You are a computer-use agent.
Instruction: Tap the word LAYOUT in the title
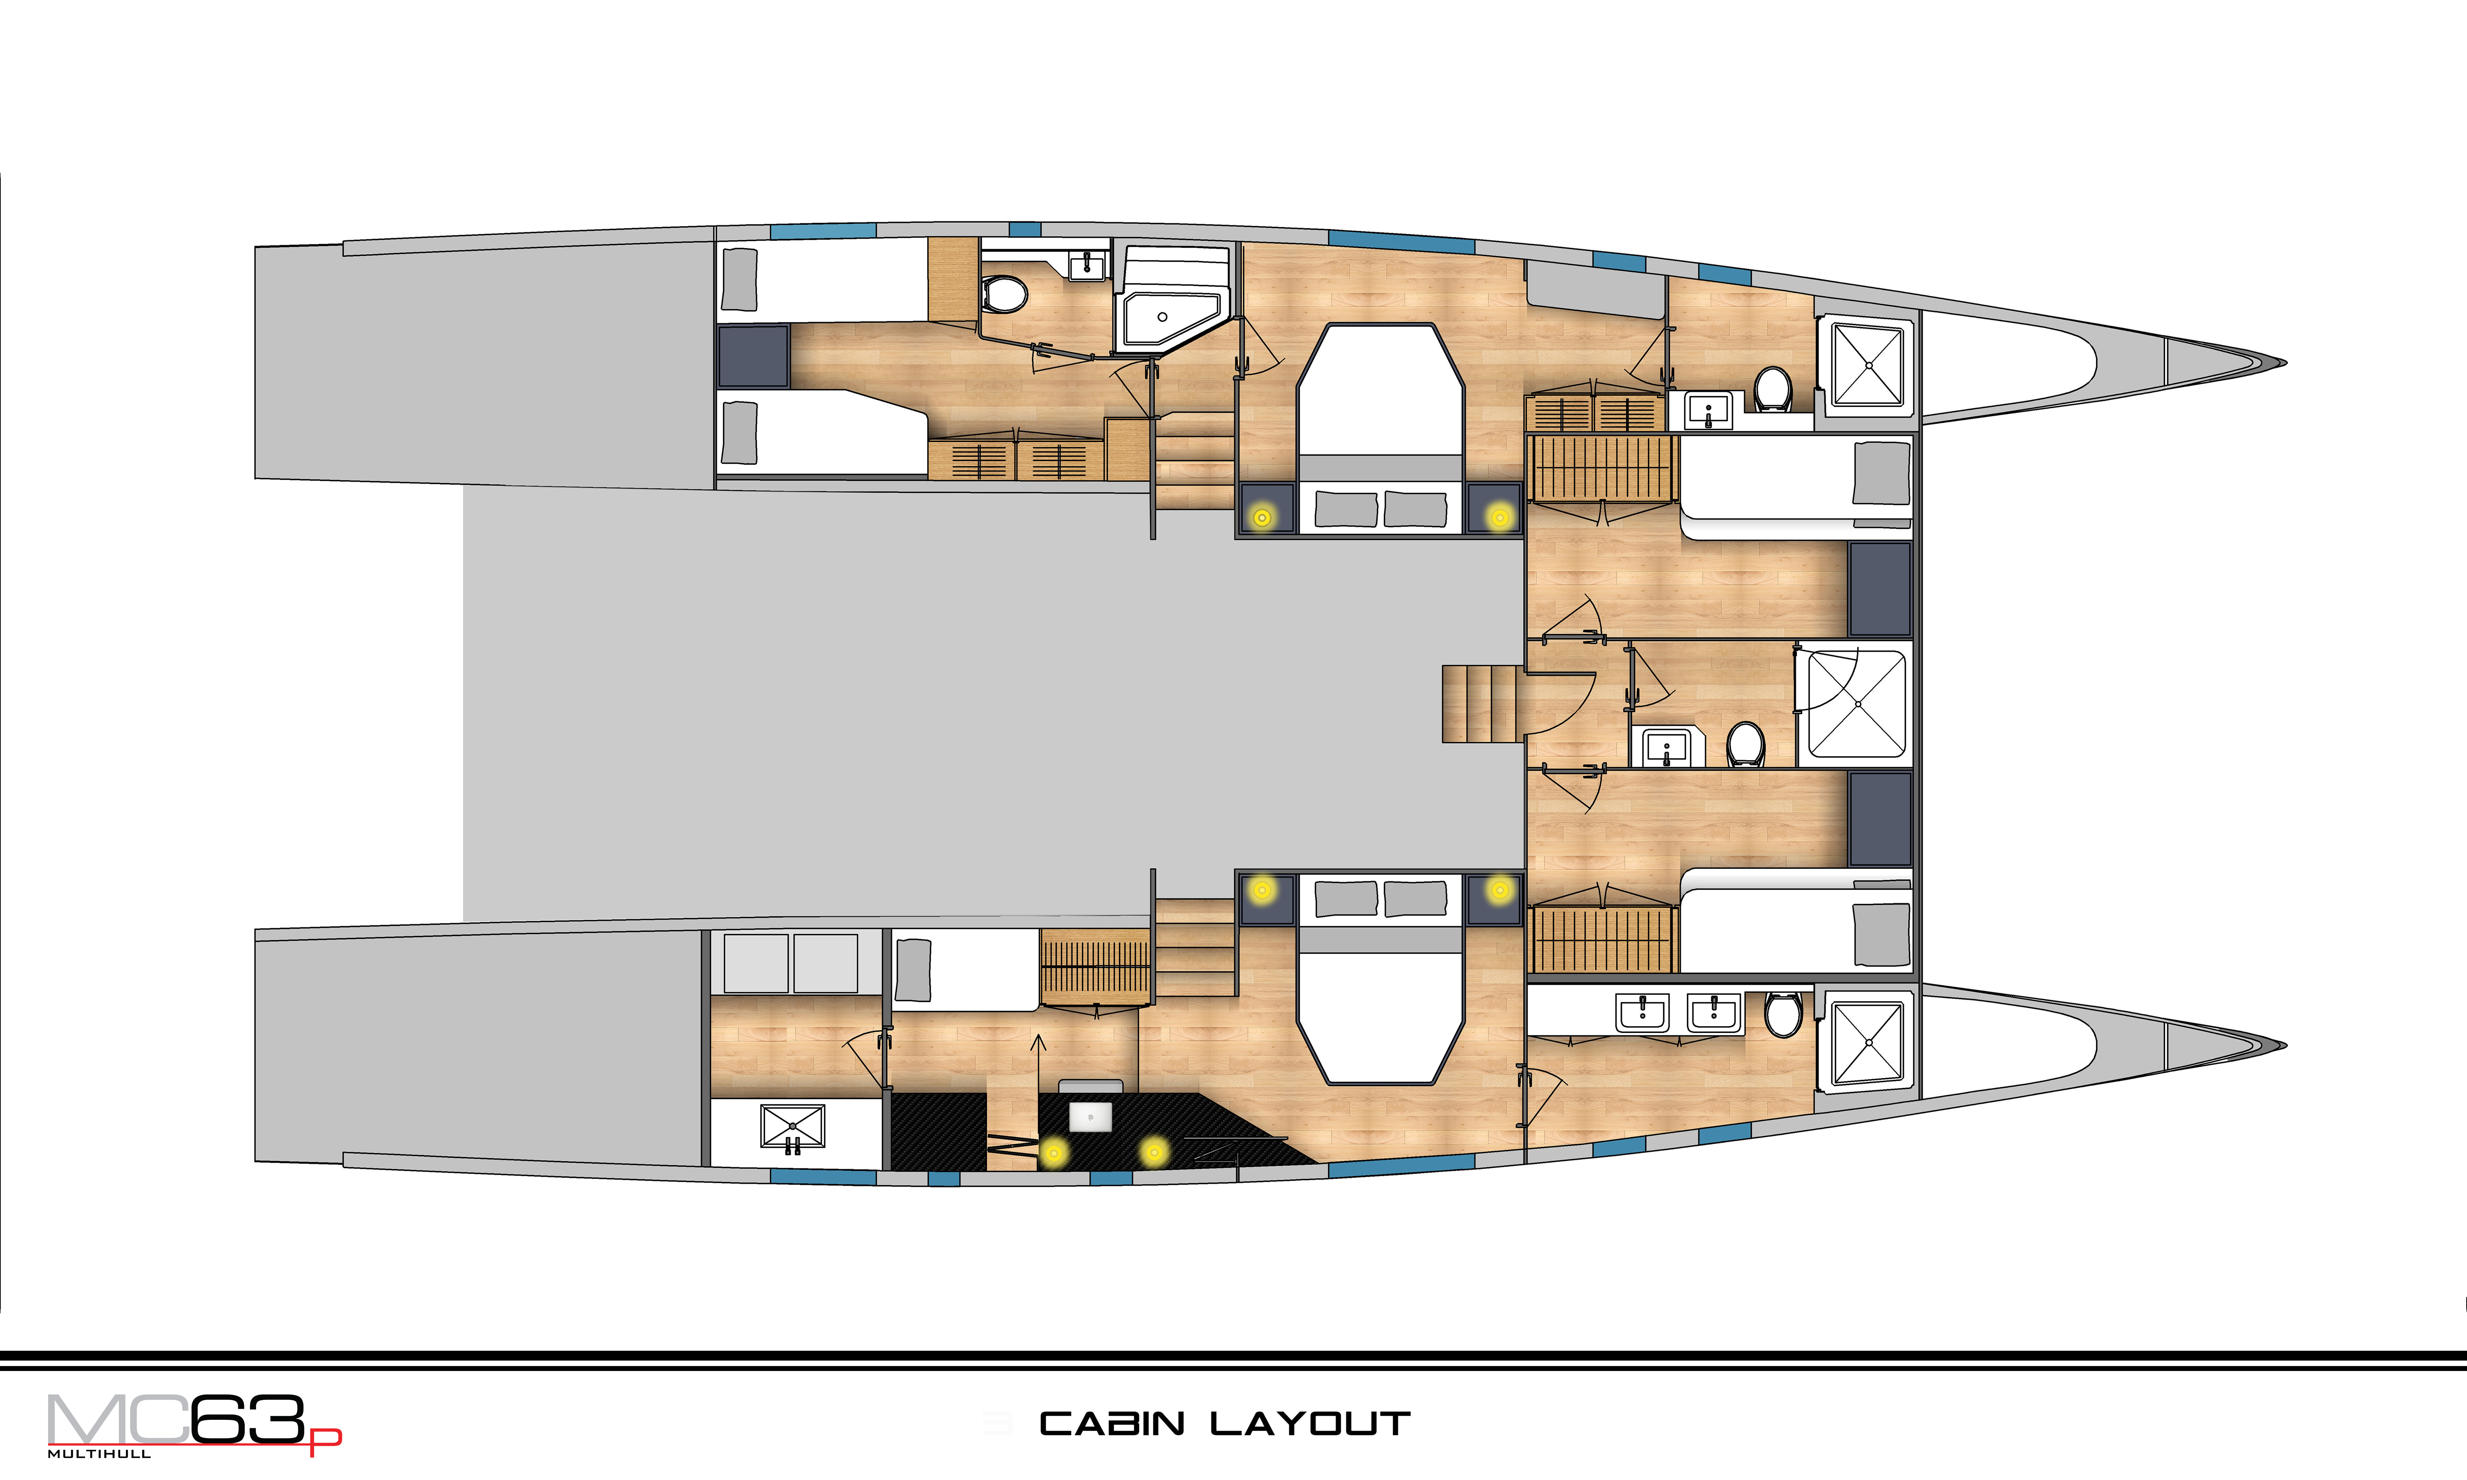[x=1310, y=1423]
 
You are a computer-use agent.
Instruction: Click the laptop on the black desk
[x=1090, y=1116]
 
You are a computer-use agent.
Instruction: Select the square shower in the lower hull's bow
[x=1868, y=1042]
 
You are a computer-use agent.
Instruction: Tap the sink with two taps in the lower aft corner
[x=793, y=1128]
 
